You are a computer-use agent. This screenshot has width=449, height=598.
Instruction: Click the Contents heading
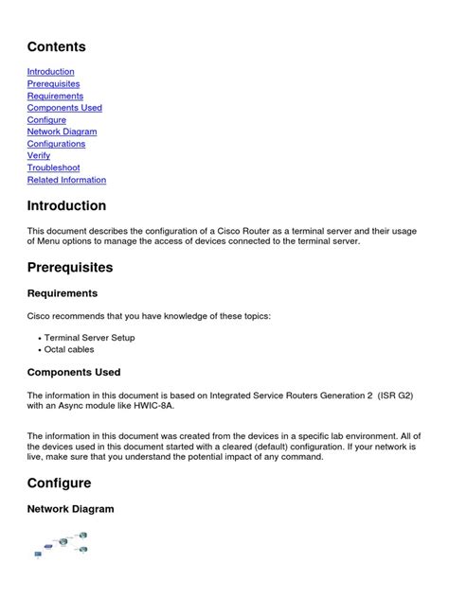pyautogui.click(x=56, y=46)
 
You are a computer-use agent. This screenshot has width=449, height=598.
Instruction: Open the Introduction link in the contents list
pyautogui.click(x=50, y=72)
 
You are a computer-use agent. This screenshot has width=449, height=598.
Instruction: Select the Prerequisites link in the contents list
pyautogui.click(x=54, y=84)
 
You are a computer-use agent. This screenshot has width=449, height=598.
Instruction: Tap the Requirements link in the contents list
pyautogui.click(x=55, y=96)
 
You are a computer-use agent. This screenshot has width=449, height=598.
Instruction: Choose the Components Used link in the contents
pyautogui.click(x=64, y=108)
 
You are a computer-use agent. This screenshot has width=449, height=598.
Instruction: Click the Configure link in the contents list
pyautogui.click(x=46, y=120)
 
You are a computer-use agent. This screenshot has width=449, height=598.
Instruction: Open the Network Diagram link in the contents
pyautogui.click(x=63, y=132)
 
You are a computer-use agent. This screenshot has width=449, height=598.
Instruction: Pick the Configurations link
pyautogui.click(x=56, y=144)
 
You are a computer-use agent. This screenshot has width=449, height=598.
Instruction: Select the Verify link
pyautogui.click(x=39, y=156)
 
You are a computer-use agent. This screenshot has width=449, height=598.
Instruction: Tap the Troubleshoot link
pyautogui.click(x=53, y=167)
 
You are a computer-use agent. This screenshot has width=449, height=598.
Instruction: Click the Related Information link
pyautogui.click(x=66, y=180)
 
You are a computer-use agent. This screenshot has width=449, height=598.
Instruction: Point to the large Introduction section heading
pyautogui.click(x=66, y=206)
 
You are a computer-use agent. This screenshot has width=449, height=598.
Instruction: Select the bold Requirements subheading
pyautogui.click(x=63, y=293)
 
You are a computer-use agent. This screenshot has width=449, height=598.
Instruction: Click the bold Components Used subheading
pyautogui.click(x=74, y=373)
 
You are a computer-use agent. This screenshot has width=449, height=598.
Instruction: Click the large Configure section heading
pyautogui.click(x=59, y=484)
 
